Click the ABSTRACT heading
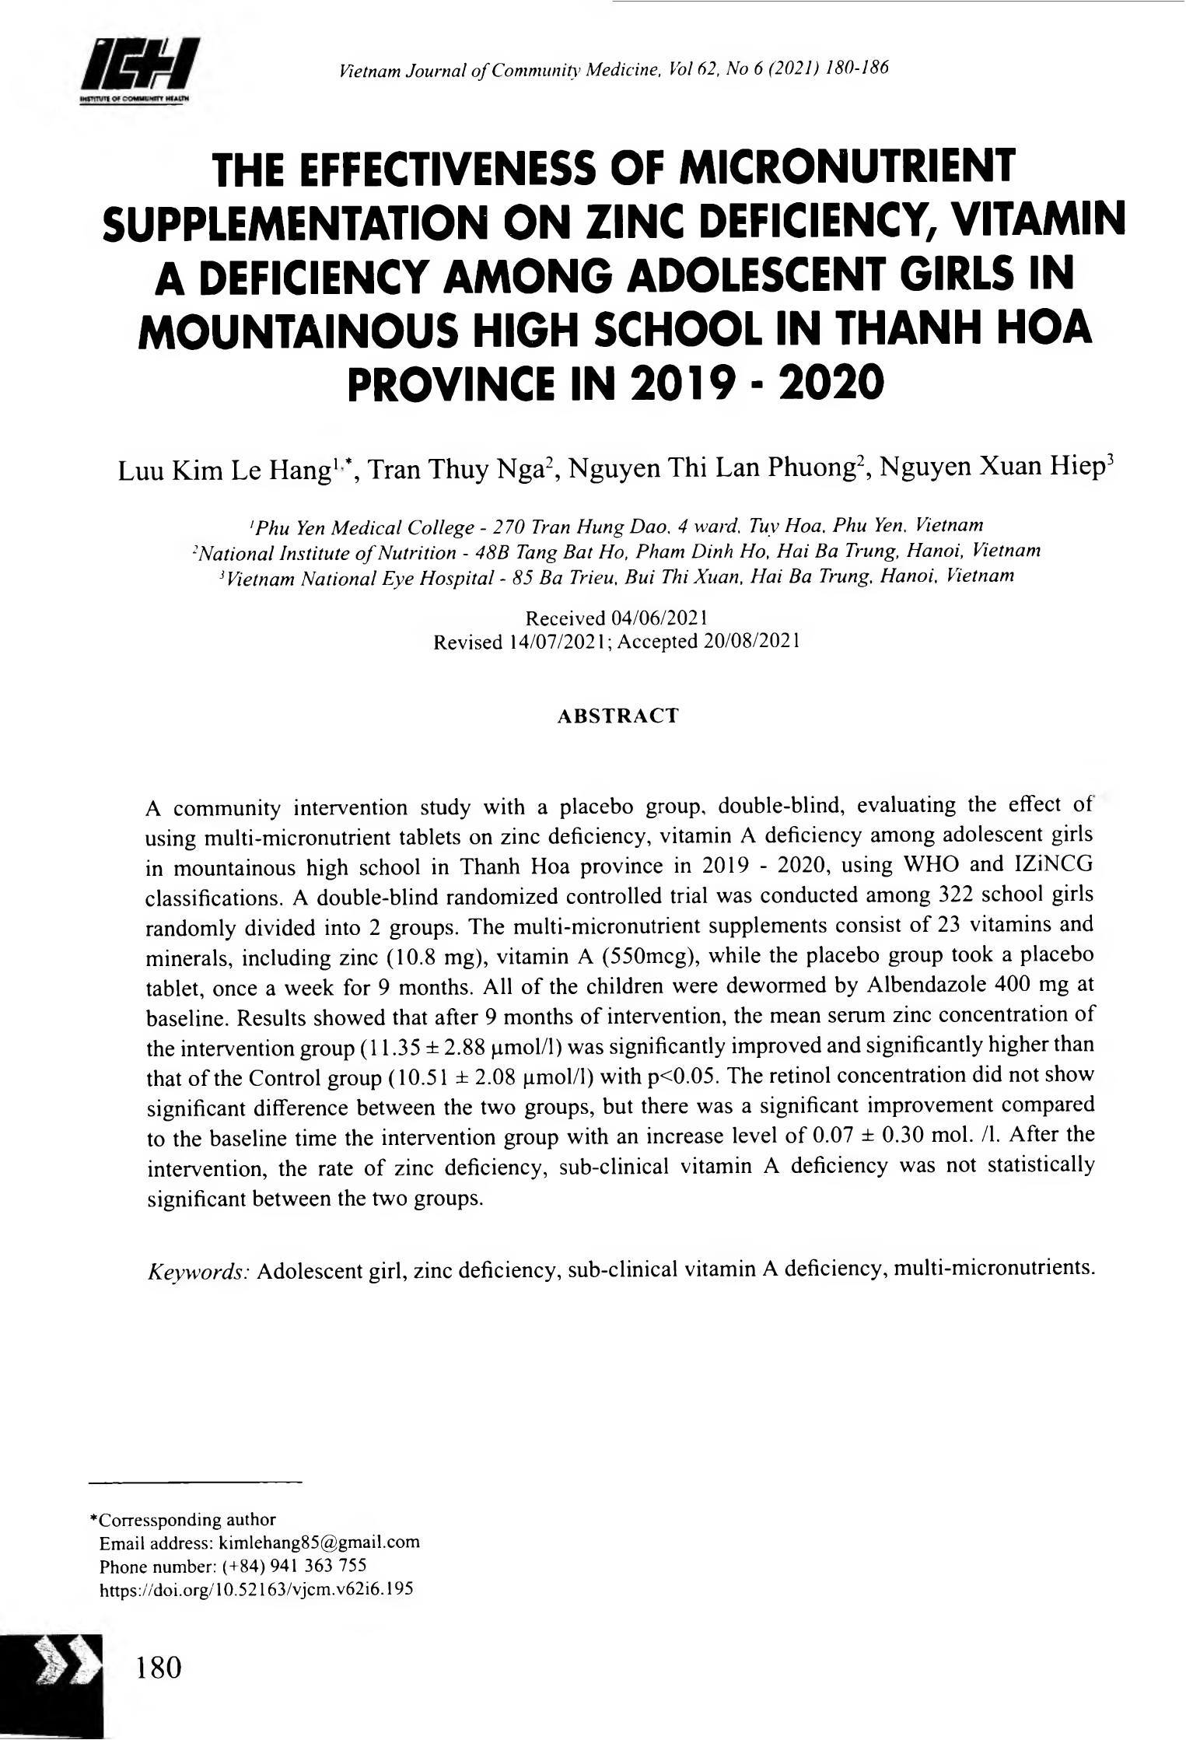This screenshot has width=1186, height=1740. click(x=618, y=716)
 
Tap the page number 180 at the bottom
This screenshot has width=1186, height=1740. click(x=159, y=1666)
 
